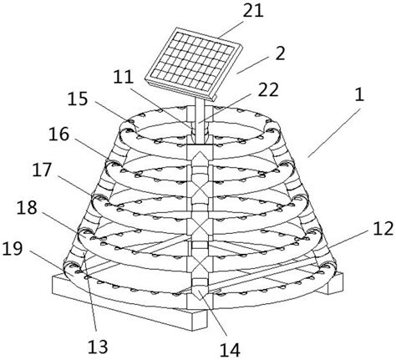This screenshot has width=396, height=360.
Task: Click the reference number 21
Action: point(253,11)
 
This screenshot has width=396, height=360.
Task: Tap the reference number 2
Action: point(280,53)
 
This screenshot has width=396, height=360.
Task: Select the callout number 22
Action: point(268,89)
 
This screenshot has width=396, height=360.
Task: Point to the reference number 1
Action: point(360,95)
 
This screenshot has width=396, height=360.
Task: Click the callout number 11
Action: point(124,77)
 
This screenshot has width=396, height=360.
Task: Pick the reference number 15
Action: point(78,99)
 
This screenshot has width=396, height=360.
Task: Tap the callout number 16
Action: point(58,134)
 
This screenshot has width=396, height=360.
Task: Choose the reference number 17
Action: point(42,170)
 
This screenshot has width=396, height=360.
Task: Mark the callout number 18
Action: point(27,207)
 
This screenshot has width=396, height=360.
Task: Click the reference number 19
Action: point(12,248)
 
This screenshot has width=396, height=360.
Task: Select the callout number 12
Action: point(383,228)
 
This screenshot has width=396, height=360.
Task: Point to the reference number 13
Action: point(98,347)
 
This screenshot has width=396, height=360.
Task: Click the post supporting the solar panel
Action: point(200,119)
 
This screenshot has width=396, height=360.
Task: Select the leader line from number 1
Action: point(334,133)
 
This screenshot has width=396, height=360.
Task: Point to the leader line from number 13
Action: point(90,295)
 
